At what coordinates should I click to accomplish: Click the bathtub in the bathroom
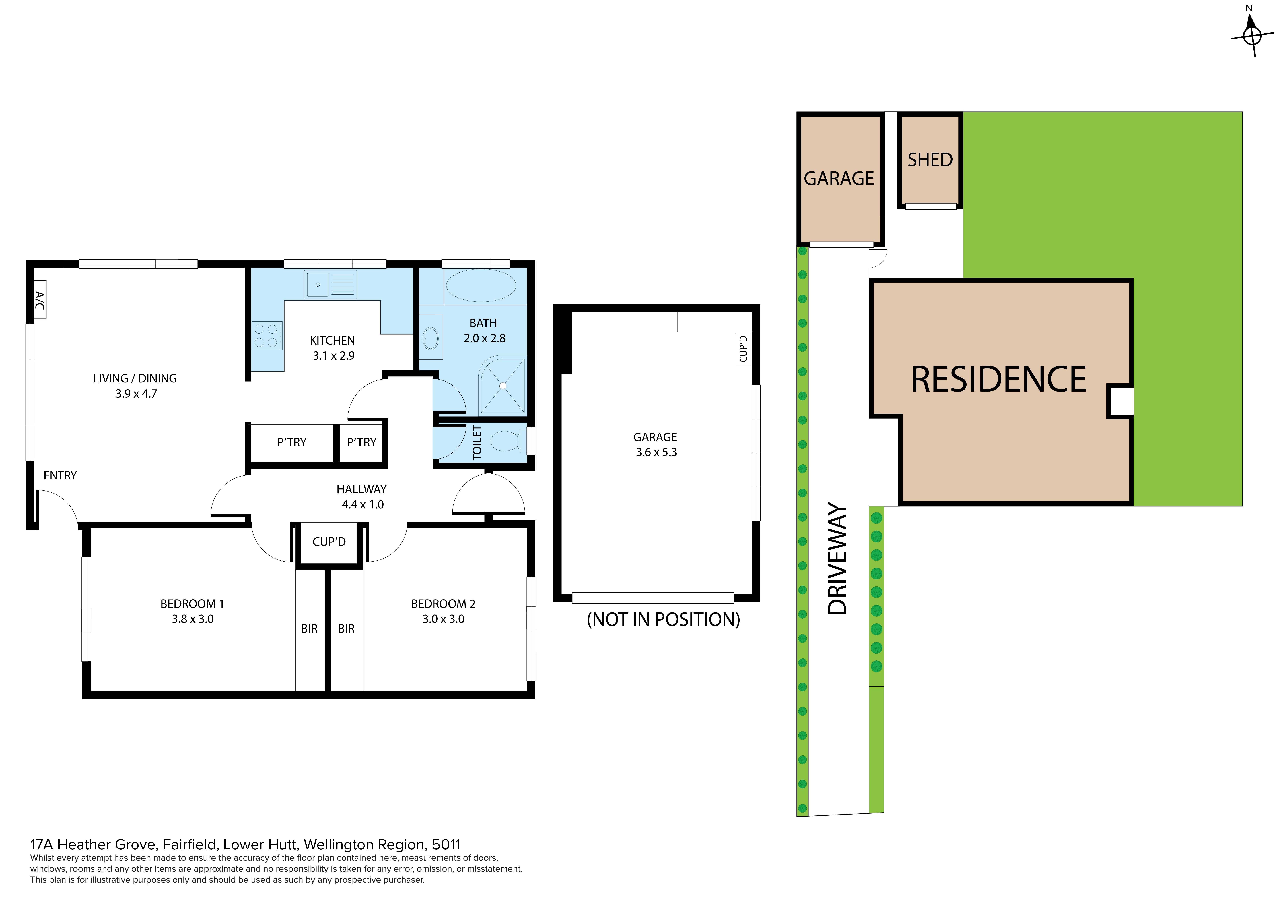[x=481, y=286]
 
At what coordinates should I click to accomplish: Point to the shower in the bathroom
[x=503, y=385]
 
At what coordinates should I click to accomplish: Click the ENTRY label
[x=60, y=475]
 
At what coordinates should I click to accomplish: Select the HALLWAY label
[x=361, y=489]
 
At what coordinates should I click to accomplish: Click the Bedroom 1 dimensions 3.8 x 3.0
[x=193, y=619]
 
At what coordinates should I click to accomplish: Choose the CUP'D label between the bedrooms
[x=329, y=542]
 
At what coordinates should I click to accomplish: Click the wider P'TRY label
[x=292, y=442]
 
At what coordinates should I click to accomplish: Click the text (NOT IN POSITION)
[x=663, y=620]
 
